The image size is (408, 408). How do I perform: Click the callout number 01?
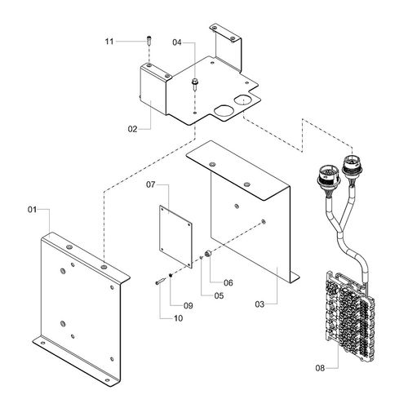point(33,211)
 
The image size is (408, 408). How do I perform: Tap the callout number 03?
point(259,304)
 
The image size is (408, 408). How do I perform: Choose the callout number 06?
point(228,282)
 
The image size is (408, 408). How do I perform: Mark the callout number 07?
point(151,186)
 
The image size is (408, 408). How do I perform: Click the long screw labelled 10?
point(160,280)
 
